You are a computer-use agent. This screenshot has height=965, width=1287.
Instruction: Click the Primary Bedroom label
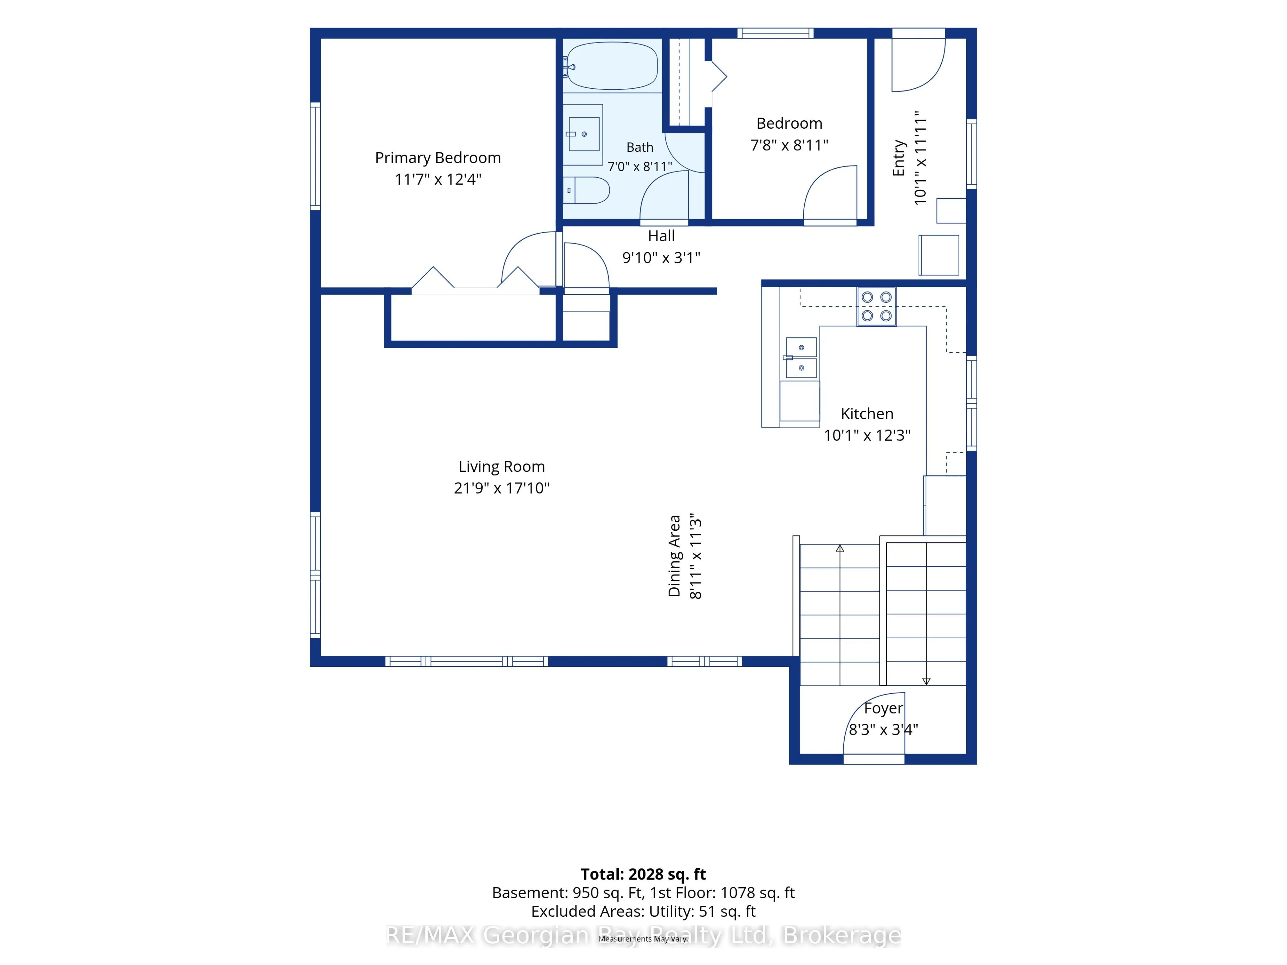437,157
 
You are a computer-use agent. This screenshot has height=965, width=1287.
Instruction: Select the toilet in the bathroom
587,190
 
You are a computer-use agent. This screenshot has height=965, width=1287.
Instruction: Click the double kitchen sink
801,357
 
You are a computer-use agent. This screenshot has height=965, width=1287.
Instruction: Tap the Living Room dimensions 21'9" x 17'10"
501,488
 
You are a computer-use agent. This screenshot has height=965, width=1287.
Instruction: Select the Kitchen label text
867,413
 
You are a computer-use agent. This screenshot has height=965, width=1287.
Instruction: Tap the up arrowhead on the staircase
840,549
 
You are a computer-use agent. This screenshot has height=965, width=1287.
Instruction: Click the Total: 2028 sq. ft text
643,874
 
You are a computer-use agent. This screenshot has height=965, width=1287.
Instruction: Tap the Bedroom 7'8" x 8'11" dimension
789,145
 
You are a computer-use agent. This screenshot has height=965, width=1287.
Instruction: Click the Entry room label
899,157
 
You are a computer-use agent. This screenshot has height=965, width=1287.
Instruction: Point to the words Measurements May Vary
643,939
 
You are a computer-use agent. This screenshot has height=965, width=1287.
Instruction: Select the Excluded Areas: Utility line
643,911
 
